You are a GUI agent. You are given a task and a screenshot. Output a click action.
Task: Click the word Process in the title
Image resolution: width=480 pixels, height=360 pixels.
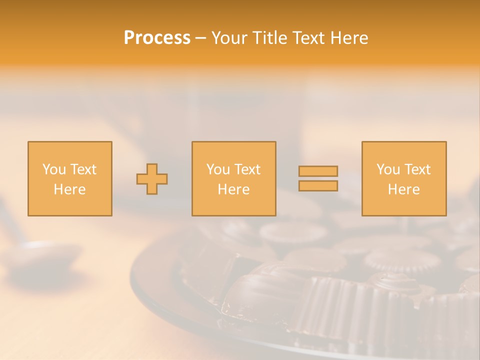pos(157,38)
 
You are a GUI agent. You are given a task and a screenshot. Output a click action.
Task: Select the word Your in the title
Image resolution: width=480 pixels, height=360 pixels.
pos(228,38)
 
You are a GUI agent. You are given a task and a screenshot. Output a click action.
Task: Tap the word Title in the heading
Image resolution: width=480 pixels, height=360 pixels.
pos(270,38)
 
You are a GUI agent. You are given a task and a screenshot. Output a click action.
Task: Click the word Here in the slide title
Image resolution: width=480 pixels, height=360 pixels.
pos(350,38)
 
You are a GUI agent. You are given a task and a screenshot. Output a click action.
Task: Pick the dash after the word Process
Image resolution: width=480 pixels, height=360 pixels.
pos(200,38)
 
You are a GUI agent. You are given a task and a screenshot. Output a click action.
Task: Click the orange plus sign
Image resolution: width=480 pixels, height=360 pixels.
pos(152,178)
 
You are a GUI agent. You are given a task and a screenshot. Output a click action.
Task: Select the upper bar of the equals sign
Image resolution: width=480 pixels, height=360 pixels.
pos(318,171)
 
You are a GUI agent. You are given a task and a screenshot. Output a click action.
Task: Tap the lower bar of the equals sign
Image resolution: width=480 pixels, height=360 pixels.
pos(318,186)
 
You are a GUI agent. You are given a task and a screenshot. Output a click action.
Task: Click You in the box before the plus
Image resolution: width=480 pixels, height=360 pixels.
pos(54,169)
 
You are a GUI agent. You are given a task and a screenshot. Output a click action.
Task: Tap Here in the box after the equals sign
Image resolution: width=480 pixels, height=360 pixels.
pos(404,189)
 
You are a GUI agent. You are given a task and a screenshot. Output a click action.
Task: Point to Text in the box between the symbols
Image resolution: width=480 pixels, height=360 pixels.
pos(247,169)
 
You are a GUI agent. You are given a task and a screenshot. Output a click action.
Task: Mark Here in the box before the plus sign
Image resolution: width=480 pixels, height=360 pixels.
pos(70,189)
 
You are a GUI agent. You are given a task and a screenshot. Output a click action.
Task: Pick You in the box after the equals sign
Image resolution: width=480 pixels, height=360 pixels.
pos(388,169)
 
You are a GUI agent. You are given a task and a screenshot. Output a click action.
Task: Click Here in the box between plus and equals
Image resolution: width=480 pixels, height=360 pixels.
pos(234,189)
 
